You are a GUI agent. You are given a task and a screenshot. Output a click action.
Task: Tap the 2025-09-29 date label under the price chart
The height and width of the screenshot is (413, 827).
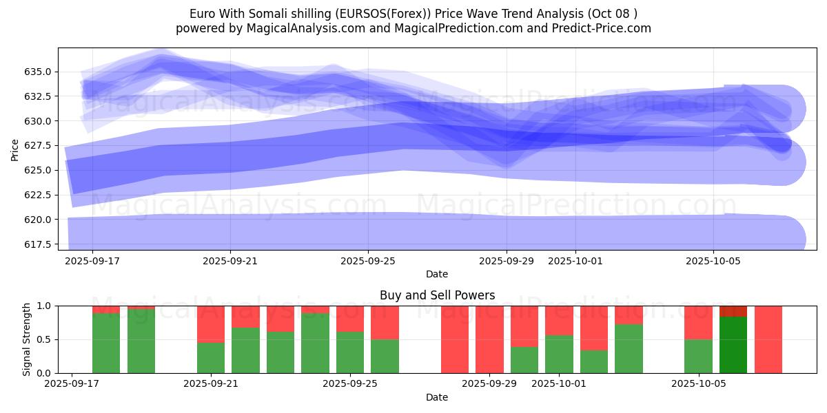[x=507, y=262]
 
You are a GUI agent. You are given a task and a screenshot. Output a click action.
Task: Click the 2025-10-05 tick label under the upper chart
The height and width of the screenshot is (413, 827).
[x=713, y=262]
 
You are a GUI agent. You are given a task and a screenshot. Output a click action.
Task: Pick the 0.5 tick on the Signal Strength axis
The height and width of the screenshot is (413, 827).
[x=46, y=339]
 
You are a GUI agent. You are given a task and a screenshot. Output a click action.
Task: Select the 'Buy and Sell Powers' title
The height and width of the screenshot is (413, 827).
[x=437, y=295]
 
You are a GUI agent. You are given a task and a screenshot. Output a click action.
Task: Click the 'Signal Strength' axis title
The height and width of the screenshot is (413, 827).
[x=28, y=339]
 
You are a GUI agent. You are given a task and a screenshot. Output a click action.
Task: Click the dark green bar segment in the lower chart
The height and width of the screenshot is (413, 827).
[x=733, y=344]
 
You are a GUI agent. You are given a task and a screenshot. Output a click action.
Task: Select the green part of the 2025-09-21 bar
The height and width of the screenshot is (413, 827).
[x=211, y=357]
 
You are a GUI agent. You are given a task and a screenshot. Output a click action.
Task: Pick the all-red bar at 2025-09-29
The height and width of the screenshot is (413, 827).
[x=489, y=339]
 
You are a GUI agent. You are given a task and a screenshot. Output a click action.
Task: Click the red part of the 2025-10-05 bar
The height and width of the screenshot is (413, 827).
[x=698, y=322]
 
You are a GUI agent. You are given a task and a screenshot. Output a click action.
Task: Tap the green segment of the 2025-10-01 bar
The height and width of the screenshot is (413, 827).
[x=559, y=354]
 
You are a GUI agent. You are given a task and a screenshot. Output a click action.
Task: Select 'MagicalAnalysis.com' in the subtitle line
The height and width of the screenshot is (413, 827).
[x=304, y=28]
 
